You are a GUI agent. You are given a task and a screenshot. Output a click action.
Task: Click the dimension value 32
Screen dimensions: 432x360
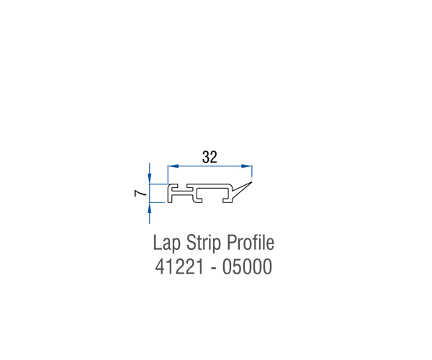(210, 157)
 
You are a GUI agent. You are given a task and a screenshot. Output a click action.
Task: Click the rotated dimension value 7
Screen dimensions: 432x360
(140, 194)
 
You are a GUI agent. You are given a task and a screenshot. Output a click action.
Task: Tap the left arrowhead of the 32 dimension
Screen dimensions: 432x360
(174, 166)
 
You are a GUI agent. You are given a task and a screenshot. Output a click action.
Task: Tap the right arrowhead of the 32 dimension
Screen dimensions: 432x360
(246, 166)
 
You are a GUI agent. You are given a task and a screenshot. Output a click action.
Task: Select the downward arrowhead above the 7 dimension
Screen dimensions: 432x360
(149, 178)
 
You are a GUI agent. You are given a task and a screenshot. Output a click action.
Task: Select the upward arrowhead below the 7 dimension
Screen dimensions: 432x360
(149, 208)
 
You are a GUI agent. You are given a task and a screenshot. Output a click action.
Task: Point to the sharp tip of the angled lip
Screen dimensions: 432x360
(252, 181)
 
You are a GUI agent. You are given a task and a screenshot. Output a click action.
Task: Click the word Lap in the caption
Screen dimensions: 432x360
(166, 243)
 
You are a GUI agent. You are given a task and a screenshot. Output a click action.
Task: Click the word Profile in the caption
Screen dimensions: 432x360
(251, 242)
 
